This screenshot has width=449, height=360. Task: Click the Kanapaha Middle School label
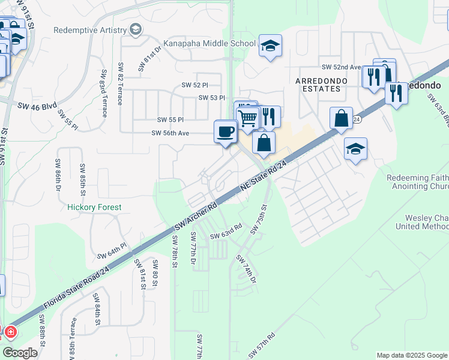[205, 44]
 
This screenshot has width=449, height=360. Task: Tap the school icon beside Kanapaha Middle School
[270, 46]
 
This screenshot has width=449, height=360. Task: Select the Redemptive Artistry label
[90, 30]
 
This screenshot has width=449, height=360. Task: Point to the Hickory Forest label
[94, 207]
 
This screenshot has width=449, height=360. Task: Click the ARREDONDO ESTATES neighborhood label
[318, 84]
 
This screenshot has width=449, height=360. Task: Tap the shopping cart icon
[247, 116]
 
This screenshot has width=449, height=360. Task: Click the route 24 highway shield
[356, 119]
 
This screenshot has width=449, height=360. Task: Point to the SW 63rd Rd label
[226, 231]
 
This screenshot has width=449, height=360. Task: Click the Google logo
[20, 353]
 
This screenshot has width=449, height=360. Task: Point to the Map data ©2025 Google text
[411, 355]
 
